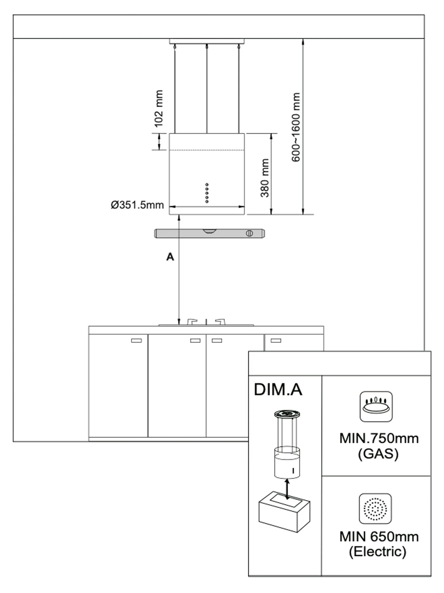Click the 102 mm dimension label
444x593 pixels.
point(158,108)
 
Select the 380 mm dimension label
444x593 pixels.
point(265,178)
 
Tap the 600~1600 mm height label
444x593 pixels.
point(296,127)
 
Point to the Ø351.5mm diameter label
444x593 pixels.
point(137,205)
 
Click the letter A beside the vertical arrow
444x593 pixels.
point(170,257)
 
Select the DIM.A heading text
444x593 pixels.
point(278,390)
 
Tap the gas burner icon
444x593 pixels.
point(376,407)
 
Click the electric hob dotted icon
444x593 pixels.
point(375,508)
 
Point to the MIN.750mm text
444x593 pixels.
point(379,438)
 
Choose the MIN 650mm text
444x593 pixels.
point(379,536)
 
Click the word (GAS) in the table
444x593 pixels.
point(378,454)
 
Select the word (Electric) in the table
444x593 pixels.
point(377,551)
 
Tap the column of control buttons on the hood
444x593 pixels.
point(207,193)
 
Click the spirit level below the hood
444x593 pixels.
point(210,233)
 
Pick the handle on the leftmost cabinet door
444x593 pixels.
point(137,340)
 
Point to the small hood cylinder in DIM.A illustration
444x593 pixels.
point(287,463)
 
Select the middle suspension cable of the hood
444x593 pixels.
point(207,89)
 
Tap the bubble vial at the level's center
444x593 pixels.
point(210,231)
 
